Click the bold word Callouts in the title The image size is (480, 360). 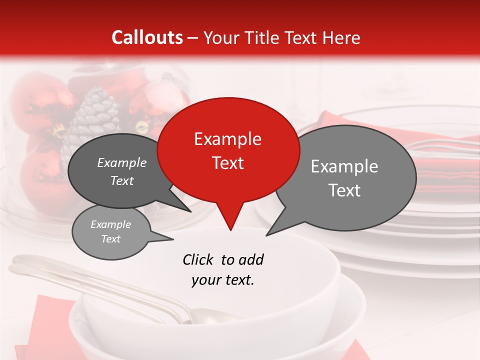(147, 37)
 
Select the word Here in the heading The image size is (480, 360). (340, 37)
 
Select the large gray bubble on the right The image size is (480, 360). (345, 177)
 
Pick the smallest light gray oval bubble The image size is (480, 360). (111, 231)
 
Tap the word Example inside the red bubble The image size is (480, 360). (227, 139)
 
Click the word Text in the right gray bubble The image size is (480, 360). (345, 190)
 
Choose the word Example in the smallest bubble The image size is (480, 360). (111, 224)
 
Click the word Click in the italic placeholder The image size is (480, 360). (198, 259)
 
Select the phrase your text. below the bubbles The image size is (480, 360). (223, 280)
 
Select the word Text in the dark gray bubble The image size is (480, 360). (122, 180)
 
